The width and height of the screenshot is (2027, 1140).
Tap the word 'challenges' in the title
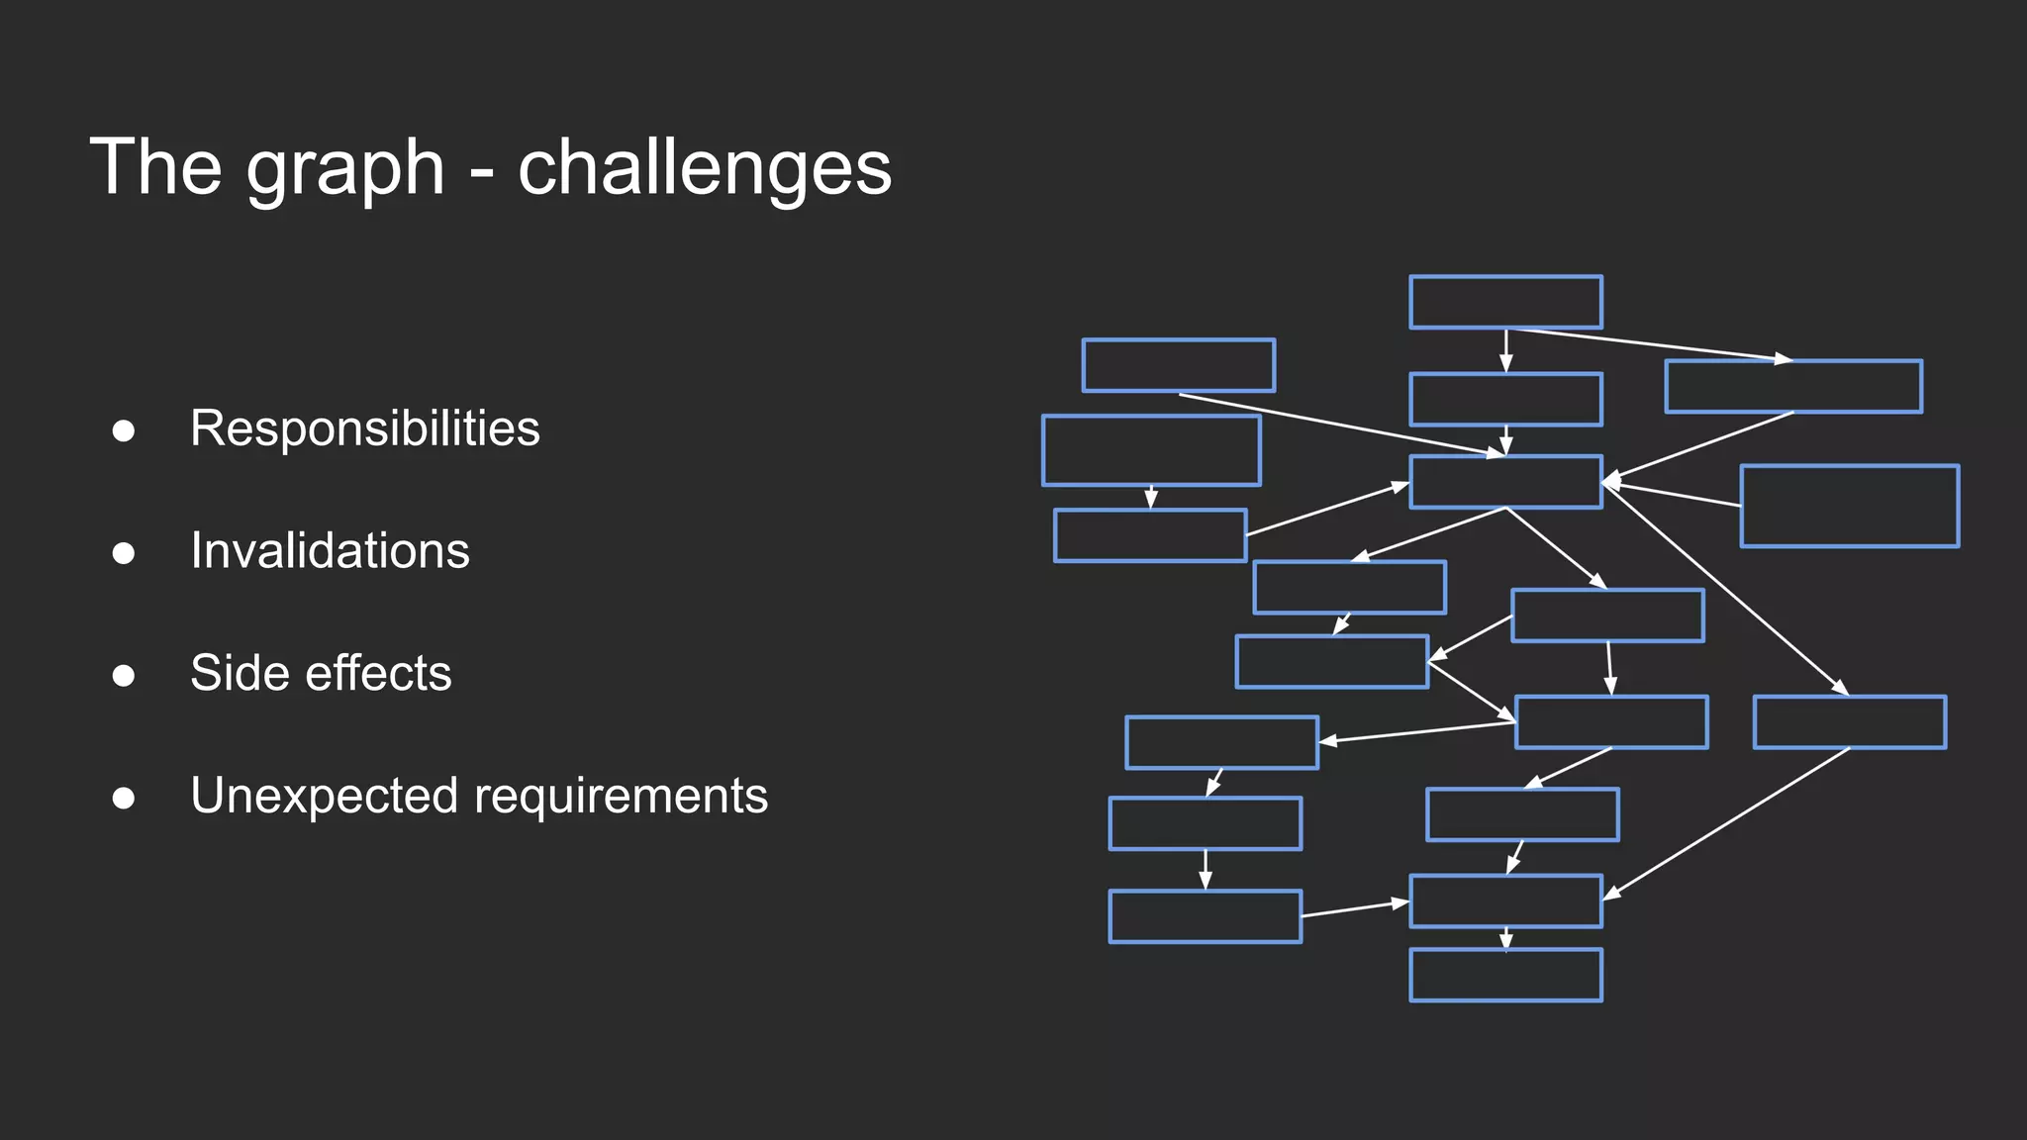point(705,168)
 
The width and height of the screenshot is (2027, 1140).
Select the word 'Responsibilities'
point(364,429)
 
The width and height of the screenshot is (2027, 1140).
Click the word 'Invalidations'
point(330,551)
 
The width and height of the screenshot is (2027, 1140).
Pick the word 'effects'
point(378,673)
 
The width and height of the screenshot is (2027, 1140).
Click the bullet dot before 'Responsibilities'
point(124,430)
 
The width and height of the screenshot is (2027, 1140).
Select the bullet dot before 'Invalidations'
point(124,552)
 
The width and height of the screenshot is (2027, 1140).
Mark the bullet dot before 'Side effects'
point(124,675)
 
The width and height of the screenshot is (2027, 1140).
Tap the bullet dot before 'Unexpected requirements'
point(124,798)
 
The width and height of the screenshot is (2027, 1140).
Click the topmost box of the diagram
point(1505,302)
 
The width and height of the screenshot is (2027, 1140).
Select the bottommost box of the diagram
point(1505,975)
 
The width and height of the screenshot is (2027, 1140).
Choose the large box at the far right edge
point(1849,506)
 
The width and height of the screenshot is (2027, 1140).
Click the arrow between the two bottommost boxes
point(1505,938)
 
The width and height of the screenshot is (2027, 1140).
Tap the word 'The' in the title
point(155,168)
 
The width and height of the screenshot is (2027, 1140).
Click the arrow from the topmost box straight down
point(1505,350)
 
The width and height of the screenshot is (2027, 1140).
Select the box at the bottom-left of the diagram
point(1205,916)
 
